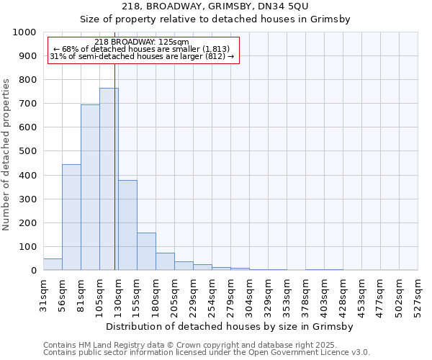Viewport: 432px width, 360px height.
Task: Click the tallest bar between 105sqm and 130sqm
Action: coord(109,179)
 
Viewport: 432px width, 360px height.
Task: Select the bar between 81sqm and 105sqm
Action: coord(90,187)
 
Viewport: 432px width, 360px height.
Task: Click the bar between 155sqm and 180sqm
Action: coord(146,251)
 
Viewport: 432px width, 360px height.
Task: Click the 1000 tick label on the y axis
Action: coord(24,32)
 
